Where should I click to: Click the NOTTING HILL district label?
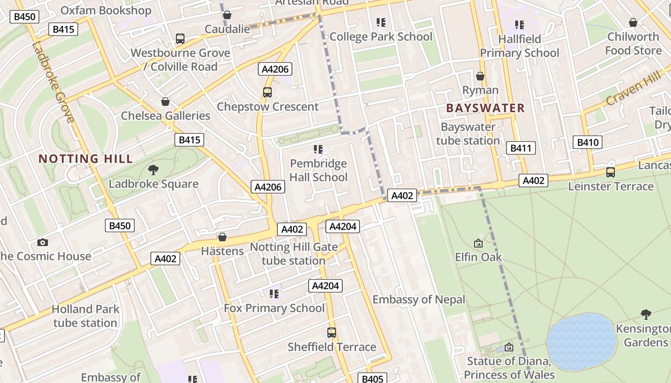[85, 159]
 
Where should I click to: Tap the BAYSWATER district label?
[485, 108]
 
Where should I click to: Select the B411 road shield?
[521, 148]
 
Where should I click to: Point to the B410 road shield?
[588, 142]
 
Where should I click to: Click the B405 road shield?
[372, 379]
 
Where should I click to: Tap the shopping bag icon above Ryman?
[480, 76]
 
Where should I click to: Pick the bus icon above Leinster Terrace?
[610, 172]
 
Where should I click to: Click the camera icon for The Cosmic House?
[43, 242]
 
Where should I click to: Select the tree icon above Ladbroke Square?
[153, 169]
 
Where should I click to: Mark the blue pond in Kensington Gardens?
[581, 341]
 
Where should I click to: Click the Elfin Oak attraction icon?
[478, 243]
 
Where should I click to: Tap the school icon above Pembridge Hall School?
[318, 149]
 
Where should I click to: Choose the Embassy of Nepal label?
[418, 300]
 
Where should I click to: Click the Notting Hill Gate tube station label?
[293, 254]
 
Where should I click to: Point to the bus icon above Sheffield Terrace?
[331, 332]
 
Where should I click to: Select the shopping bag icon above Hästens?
[222, 237]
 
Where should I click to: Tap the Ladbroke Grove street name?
[53, 82]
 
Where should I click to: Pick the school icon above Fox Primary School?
[274, 293]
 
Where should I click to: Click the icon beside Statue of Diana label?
[509, 347]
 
